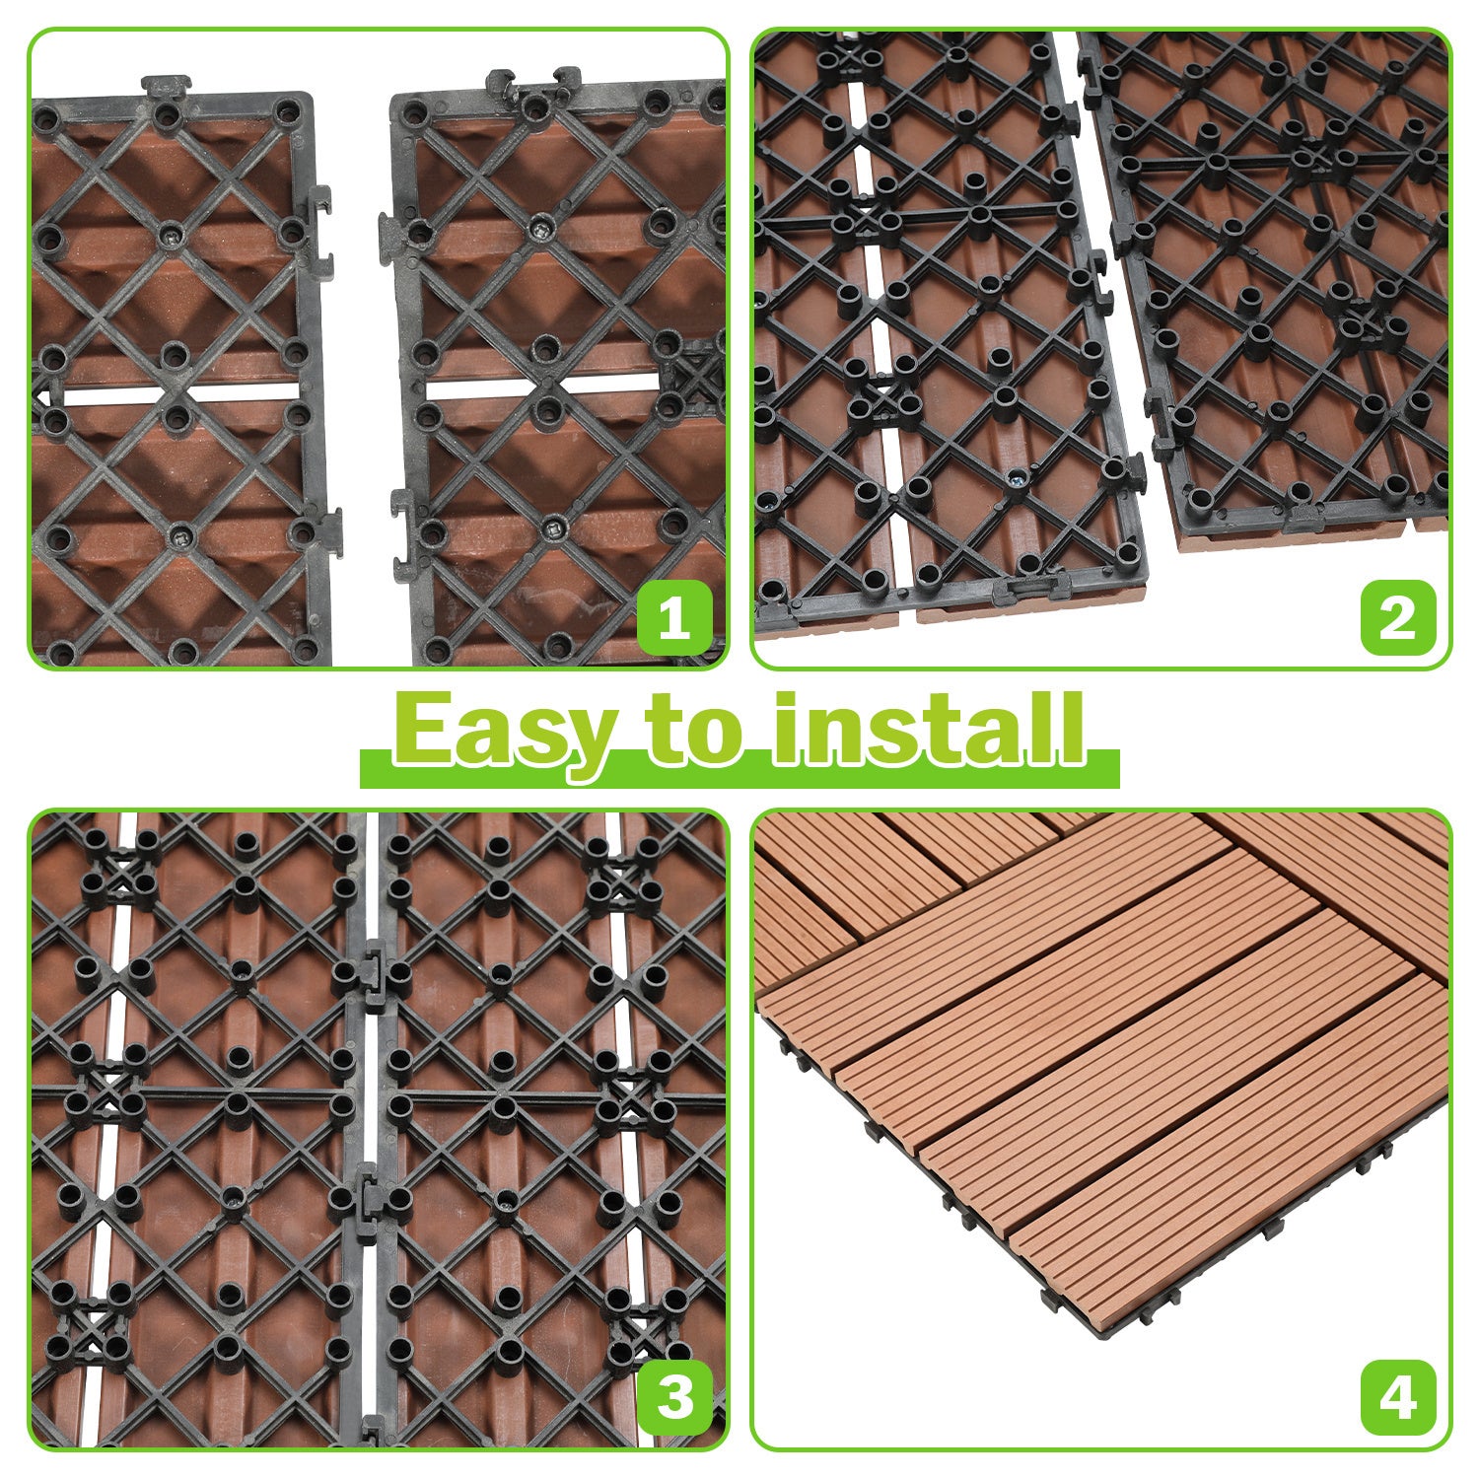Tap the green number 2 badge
pos(1397,619)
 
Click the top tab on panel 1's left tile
pos(166,86)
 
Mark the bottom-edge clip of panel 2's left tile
pos(1030,589)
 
